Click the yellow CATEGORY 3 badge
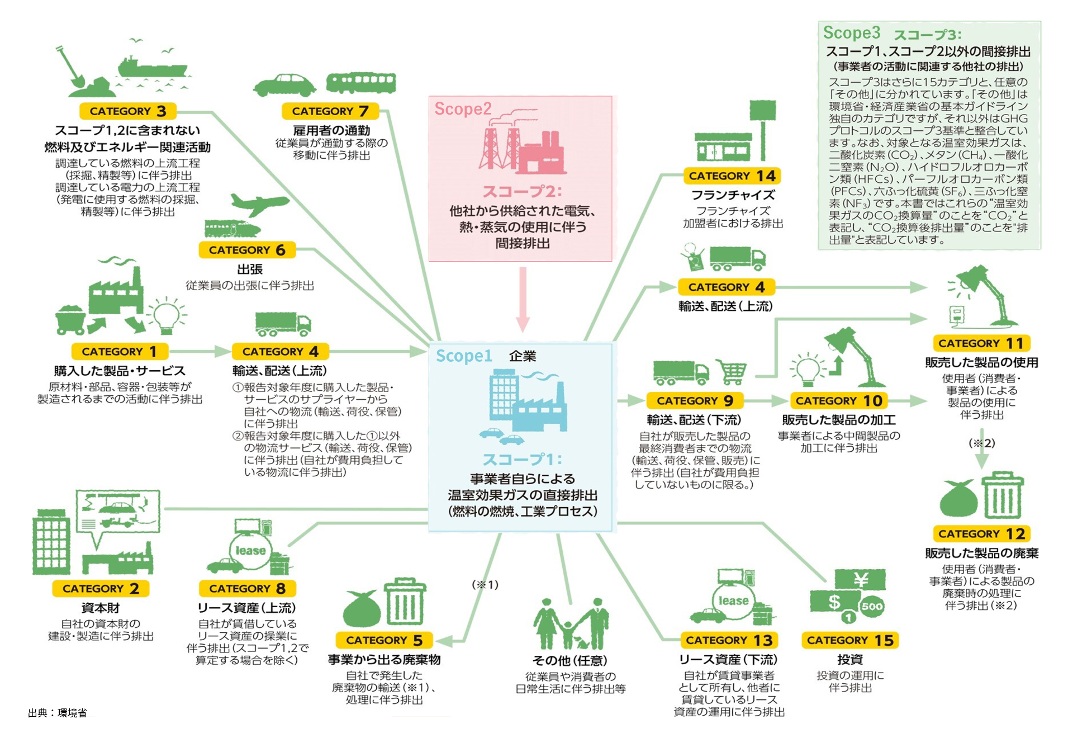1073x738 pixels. coord(128,111)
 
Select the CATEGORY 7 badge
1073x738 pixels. coord(330,111)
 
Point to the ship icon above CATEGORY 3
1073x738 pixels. coord(150,67)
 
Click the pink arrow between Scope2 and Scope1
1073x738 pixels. coord(523,299)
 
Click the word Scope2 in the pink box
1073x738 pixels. coord(463,108)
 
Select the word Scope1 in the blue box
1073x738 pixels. coord(464,356)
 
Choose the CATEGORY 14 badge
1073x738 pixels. coord(732,176)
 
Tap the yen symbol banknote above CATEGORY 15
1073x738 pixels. coord(860,580)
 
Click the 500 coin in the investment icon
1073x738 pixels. coord(872,607)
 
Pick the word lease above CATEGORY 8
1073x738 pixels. coord(250,551)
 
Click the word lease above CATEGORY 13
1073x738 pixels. coord(733,600)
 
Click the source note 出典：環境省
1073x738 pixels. coord(58,713)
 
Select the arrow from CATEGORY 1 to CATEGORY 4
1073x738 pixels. coord(199,351)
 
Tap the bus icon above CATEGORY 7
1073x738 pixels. coord(361,83)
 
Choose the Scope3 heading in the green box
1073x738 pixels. coord(851,32)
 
